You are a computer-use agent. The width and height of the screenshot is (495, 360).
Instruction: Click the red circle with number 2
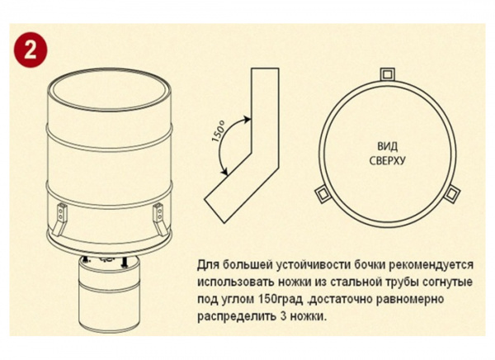point(31,50)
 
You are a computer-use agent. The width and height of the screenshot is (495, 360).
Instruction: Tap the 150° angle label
point(218,131)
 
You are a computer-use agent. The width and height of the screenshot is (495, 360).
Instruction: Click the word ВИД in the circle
point(387,147)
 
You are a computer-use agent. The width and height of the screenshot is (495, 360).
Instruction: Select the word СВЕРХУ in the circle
point(387,161)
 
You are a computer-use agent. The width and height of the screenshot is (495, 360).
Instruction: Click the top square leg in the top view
point(387,74)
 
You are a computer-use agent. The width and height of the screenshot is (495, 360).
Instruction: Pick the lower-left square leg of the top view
point(323,193)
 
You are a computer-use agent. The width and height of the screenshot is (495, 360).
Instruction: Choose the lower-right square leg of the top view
point(452,193)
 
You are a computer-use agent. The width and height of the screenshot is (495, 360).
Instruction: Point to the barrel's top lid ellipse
point(110,89)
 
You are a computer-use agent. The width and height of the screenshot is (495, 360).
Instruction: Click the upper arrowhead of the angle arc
point(247,119)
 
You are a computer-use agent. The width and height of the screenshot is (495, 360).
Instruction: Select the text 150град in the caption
point(280,300)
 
